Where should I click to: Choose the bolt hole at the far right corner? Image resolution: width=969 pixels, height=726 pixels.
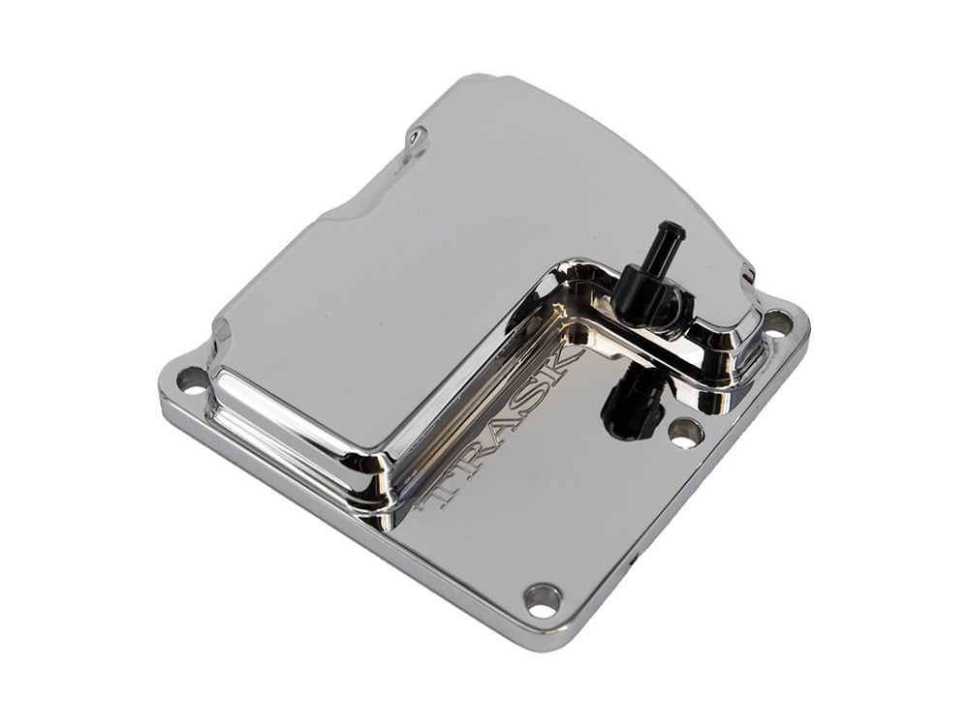(x=777, y=323)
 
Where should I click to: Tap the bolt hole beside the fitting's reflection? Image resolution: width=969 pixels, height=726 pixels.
(x=686, y=434)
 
